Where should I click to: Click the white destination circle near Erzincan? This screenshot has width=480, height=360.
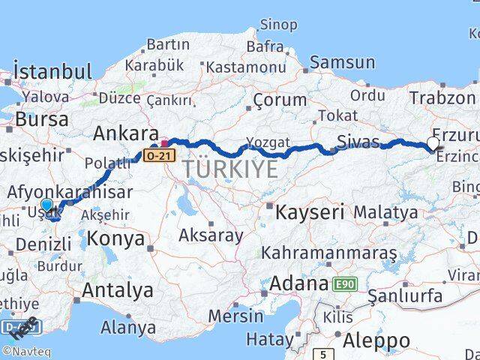coord(433,142)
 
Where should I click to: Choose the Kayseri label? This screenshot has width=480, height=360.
coord(310,212)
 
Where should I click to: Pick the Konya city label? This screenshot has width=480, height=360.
coord(115,239)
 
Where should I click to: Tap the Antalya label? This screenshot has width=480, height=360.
coord(118,290)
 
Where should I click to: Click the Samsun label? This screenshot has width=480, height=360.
coord(342,63)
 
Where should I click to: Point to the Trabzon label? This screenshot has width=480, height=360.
coord(442,97)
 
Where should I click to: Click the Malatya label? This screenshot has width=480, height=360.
coord(385,212)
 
